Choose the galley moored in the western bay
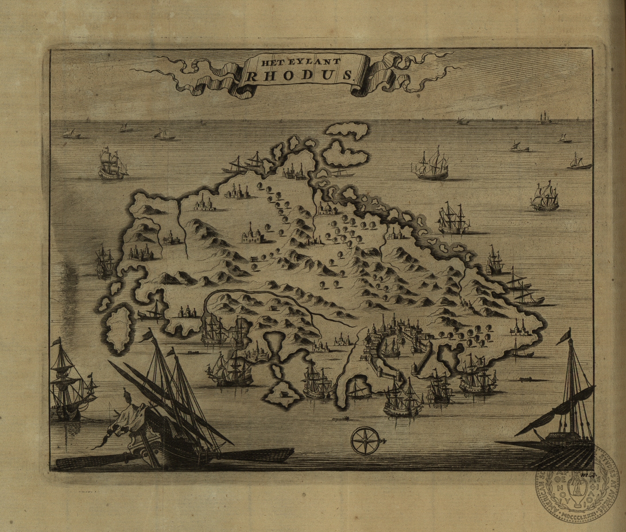(x=151, y=313)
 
